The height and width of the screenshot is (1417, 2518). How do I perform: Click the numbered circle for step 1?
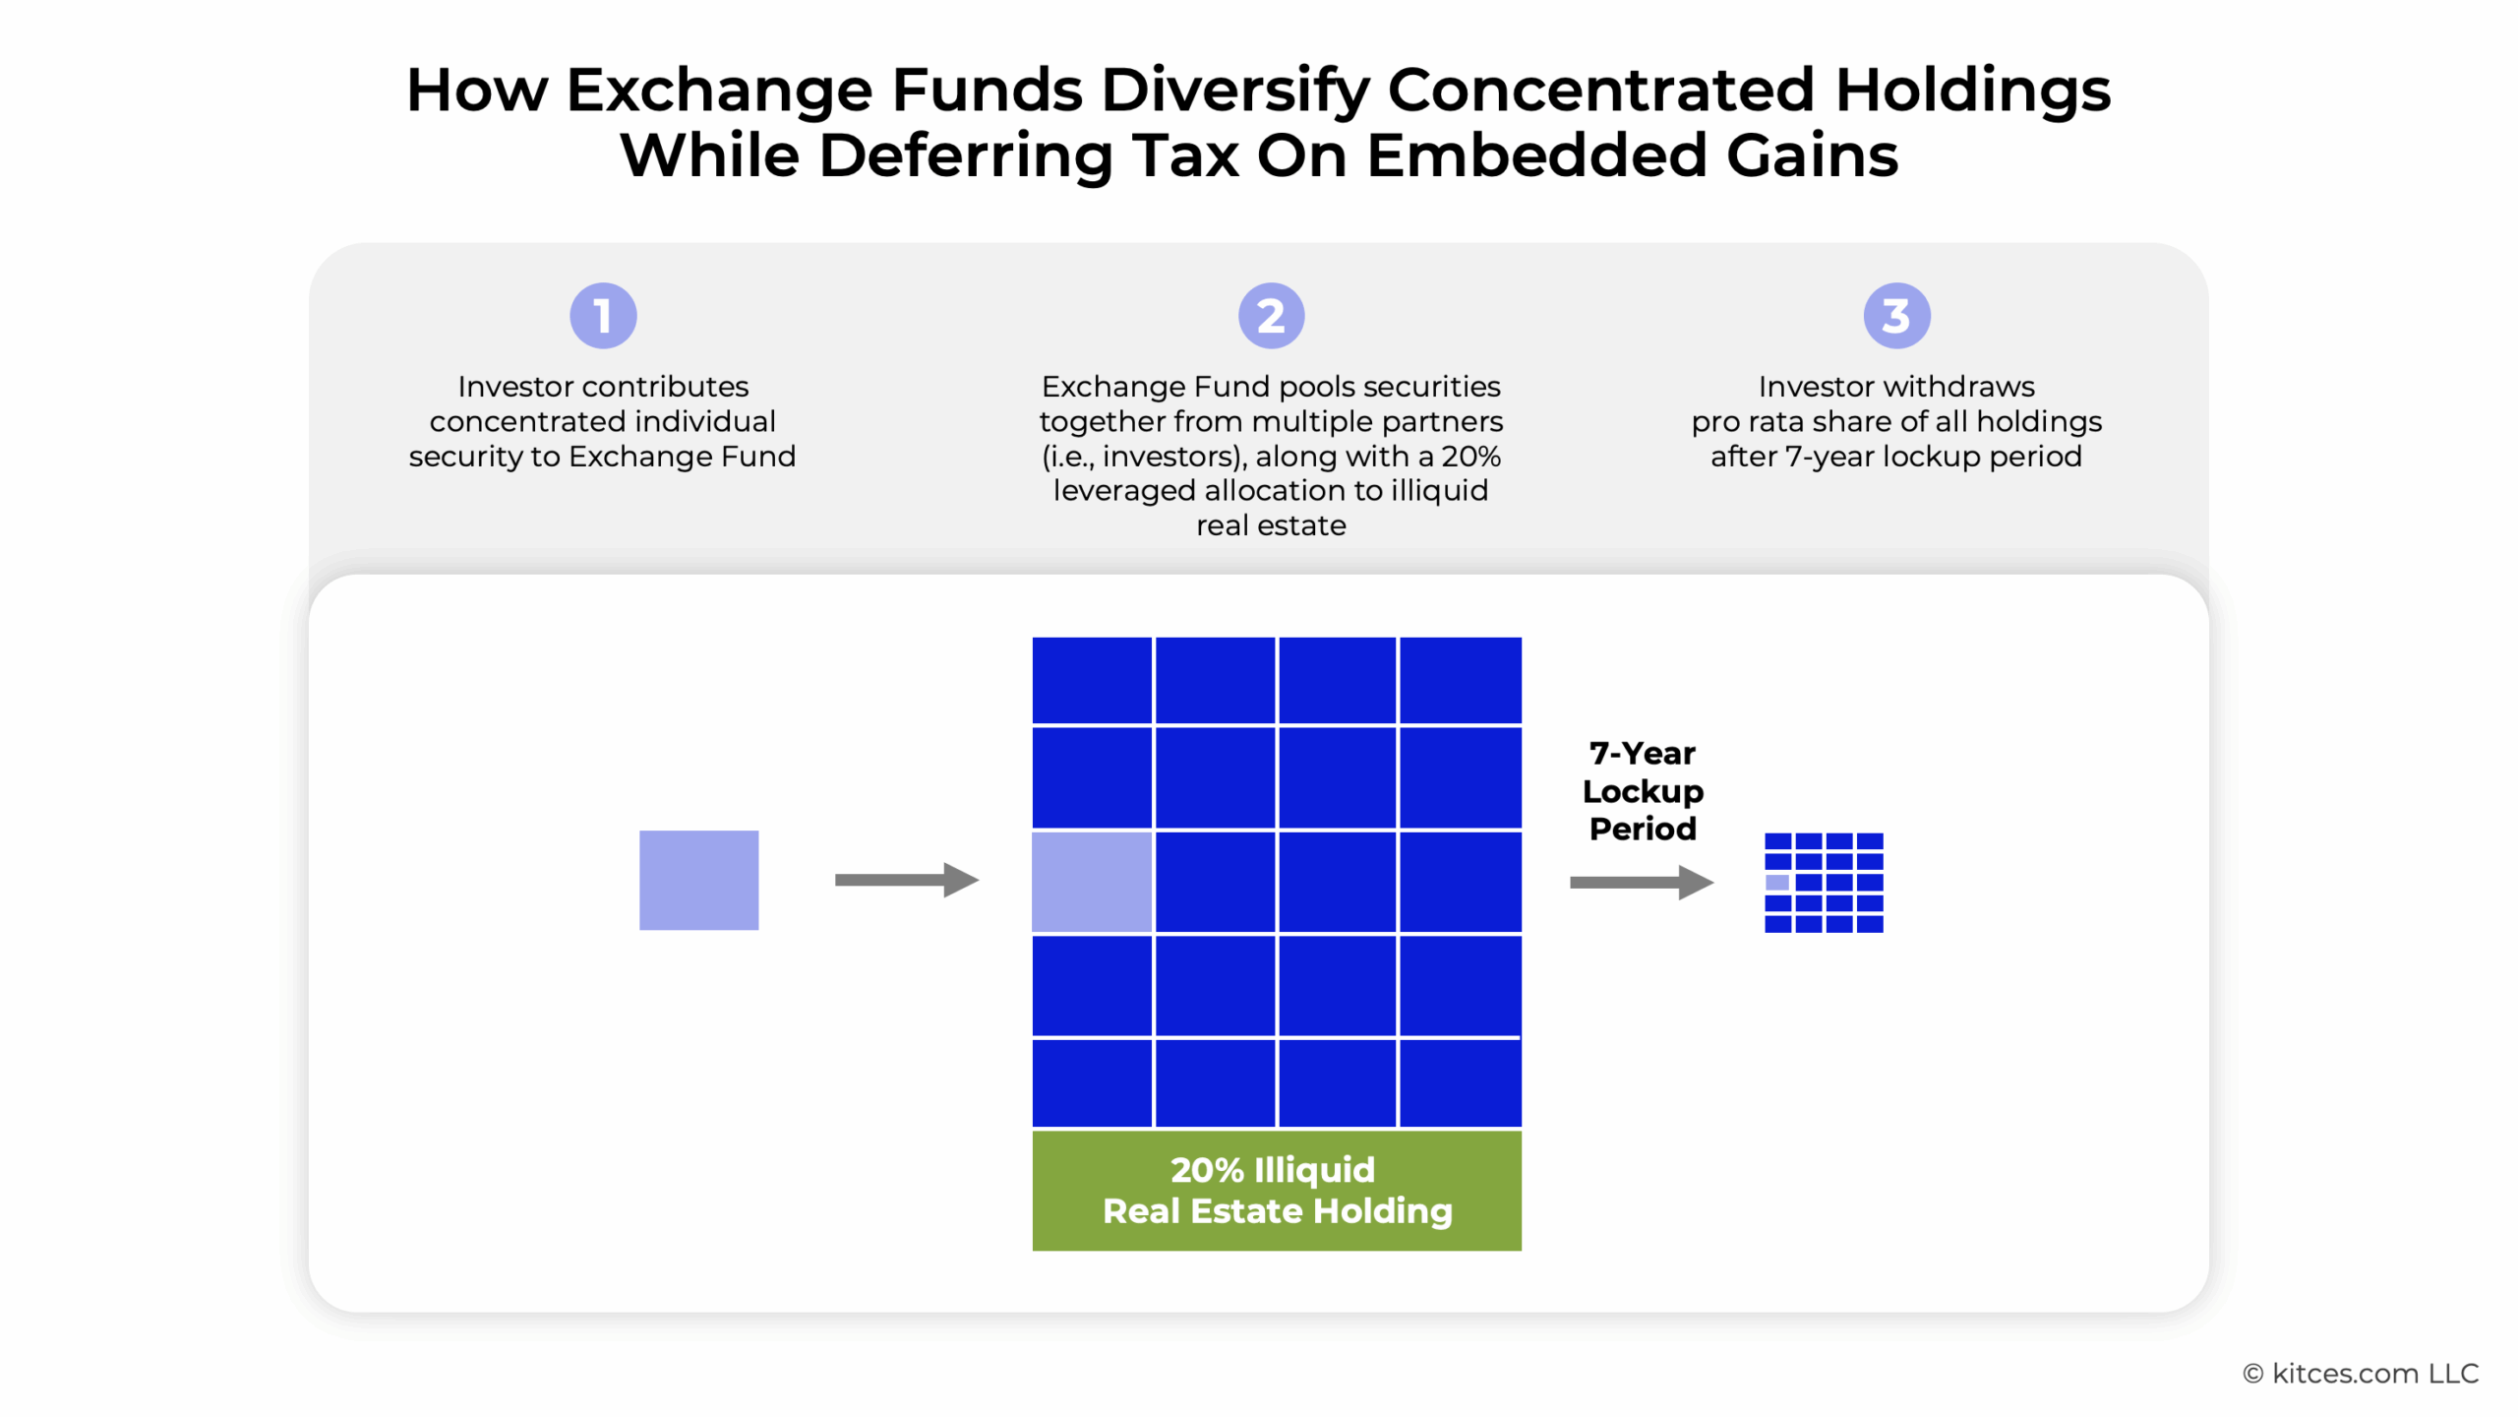(x=603, y=316)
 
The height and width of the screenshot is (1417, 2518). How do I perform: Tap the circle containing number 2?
(x=1271, y=316)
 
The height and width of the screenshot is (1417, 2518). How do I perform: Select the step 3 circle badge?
(x=1896, y=316)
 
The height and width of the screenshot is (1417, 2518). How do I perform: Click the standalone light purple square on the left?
(x=698, y=880)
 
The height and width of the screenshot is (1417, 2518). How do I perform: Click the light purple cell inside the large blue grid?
(x=1092, y=881)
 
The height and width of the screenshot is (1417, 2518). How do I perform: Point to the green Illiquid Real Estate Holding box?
(x=1277, y=1191)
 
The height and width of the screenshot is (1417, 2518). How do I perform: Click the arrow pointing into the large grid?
(x=907, y=880)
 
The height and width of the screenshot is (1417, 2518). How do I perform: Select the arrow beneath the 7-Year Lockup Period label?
(x=1642, y=882)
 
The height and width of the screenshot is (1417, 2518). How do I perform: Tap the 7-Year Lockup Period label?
(x=1643, y=791)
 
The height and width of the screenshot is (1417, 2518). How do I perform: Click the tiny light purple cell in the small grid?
(x=1777, y=883)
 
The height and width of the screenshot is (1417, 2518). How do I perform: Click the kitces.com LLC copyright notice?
(x=2361, y=1374)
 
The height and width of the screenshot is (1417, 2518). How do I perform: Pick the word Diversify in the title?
(x=1233, y=91)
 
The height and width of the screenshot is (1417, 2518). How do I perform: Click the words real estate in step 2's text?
(x=1271, y=525)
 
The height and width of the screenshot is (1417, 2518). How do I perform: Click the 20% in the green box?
(x=1207, y=1170)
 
